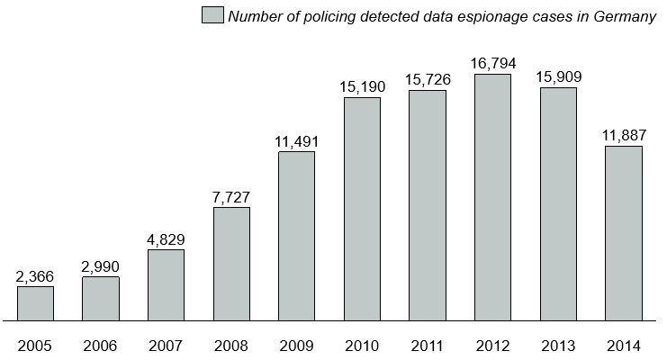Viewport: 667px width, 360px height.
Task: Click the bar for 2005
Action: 35,303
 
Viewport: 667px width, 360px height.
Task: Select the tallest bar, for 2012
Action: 492,197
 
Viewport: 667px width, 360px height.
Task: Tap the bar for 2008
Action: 231,264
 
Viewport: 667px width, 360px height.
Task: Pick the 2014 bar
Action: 623,233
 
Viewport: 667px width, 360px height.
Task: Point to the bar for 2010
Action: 362,209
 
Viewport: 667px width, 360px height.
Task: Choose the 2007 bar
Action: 166,284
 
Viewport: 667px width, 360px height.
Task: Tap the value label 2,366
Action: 35,275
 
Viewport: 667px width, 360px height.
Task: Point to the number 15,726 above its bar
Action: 427,79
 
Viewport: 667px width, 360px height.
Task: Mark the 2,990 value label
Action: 101,265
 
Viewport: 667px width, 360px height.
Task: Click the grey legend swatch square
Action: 212,15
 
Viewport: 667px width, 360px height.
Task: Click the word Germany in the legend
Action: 625,16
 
